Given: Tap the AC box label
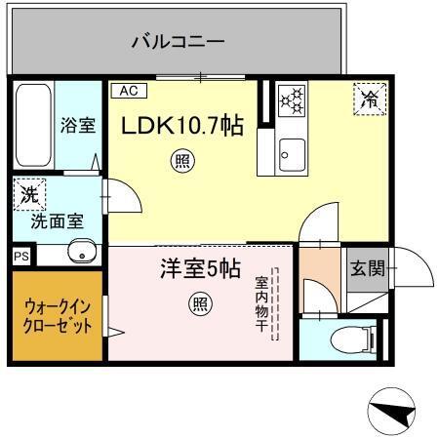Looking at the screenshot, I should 128,91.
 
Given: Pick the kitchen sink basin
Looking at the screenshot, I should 290,153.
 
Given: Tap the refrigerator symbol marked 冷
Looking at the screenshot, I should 370,98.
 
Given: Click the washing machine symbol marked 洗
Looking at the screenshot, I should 30,194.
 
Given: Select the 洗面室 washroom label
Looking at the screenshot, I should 57,221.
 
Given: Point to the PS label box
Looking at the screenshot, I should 21,256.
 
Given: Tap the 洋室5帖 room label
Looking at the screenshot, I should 200,269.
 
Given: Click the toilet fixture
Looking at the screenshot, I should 349,339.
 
